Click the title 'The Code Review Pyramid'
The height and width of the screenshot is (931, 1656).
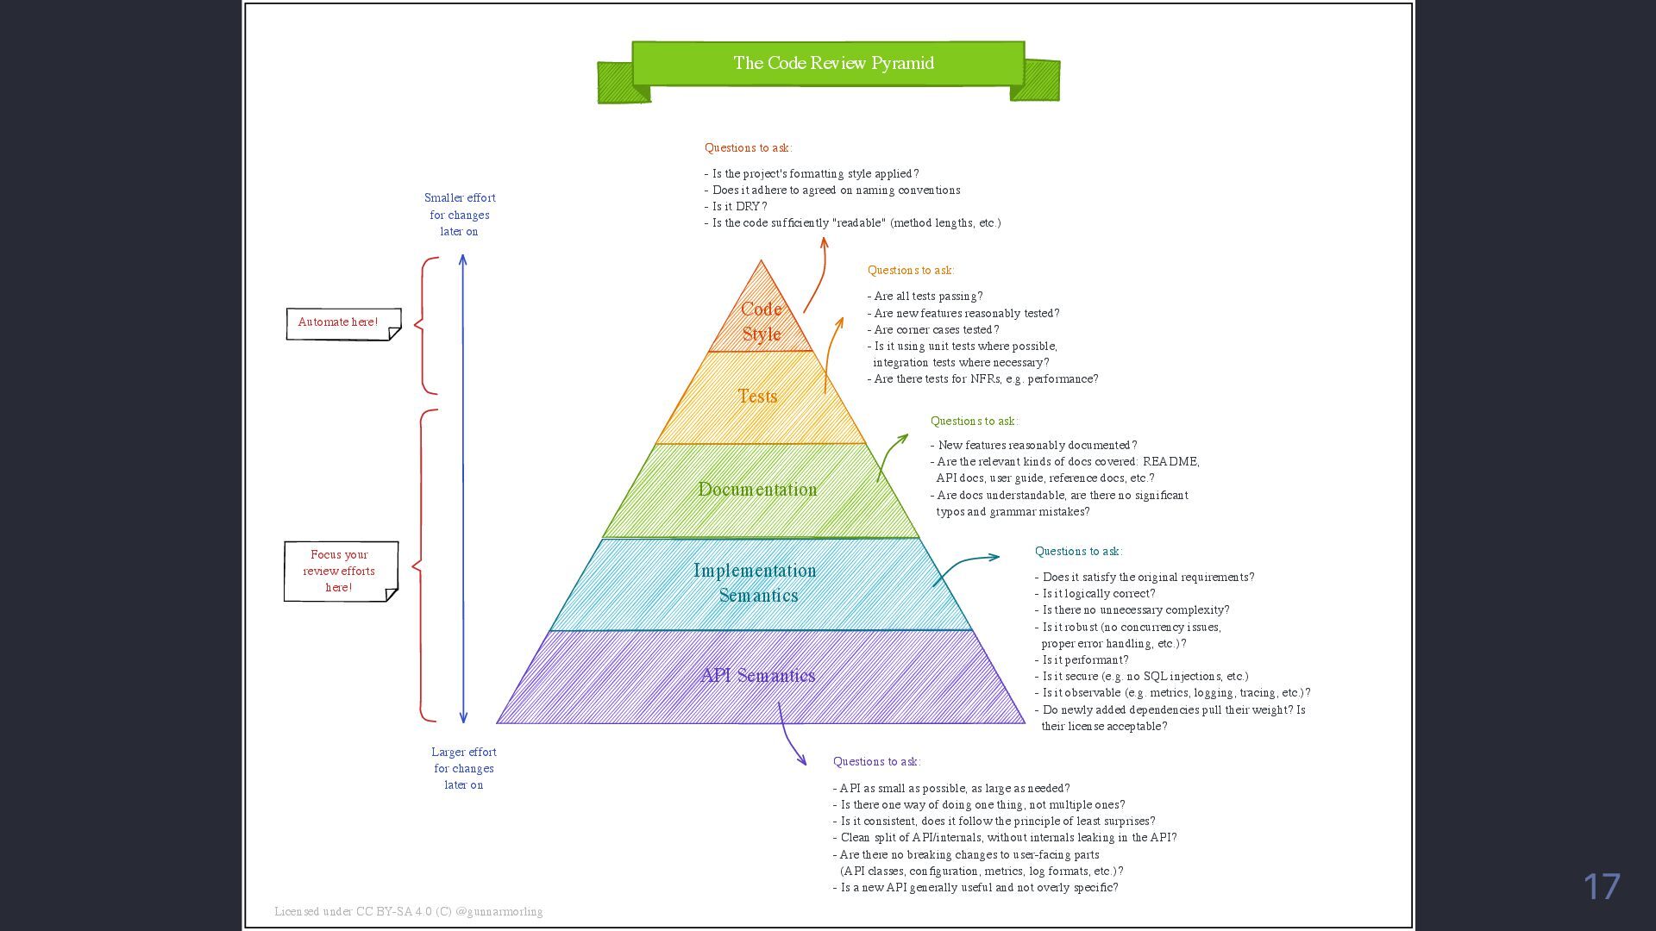[833, 63]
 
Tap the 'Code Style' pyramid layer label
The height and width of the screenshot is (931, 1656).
[761, 321]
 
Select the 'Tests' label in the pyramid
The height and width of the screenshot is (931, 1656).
[757, 397]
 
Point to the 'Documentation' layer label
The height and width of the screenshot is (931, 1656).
[757, 490]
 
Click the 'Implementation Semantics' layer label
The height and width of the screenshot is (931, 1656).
[756, 583]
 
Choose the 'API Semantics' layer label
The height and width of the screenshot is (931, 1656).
[757, 676]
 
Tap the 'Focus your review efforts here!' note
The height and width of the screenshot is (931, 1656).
[340, 571]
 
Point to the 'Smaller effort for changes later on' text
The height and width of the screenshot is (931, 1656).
[460, 215]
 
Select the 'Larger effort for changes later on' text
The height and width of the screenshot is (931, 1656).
[464, 768]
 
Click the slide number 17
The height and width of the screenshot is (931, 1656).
[1601, 886]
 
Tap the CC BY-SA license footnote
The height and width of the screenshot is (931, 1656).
[408, 911]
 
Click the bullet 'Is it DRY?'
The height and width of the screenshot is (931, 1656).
[738, 207]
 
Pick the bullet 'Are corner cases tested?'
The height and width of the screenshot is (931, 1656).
[935, 329]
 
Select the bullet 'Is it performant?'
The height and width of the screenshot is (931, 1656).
[1084, 660]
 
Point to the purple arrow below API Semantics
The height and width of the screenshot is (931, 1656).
[788, 737]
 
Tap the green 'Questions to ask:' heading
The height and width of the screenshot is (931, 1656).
[974, 422]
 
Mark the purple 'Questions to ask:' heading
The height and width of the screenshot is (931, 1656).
[876, 762]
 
